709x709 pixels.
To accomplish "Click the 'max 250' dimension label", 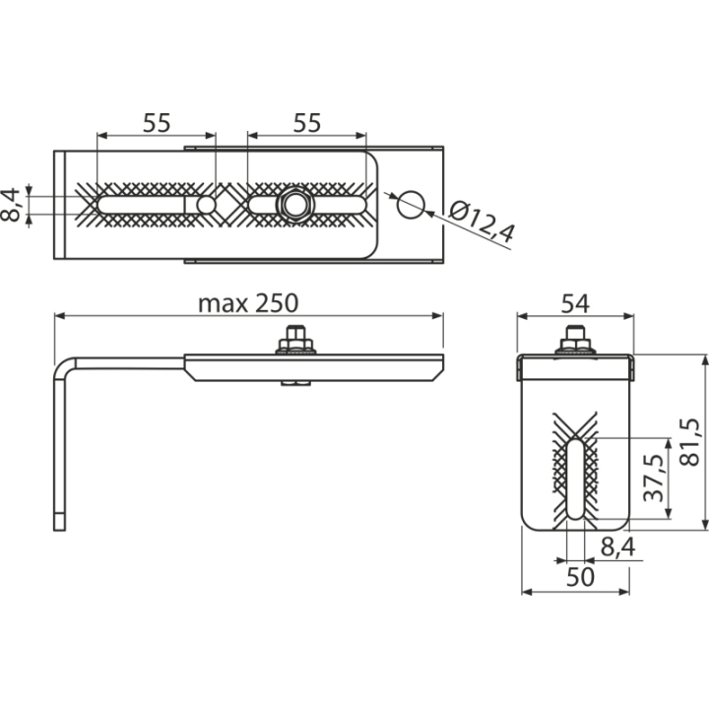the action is (248, 303).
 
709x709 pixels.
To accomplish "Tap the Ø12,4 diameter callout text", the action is (483, 223).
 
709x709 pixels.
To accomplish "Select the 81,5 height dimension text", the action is (690, 442).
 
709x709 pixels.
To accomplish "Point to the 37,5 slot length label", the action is (654, 478).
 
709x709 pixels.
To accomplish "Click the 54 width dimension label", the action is (575, 304).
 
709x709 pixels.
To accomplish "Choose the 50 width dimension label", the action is (580, 577).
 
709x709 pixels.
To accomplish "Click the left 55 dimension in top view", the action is (157, 123).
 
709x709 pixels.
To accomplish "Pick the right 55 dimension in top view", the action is (307, 123).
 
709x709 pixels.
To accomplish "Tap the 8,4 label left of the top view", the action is (11, 205).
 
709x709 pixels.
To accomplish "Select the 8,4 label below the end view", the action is (617, 547).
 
